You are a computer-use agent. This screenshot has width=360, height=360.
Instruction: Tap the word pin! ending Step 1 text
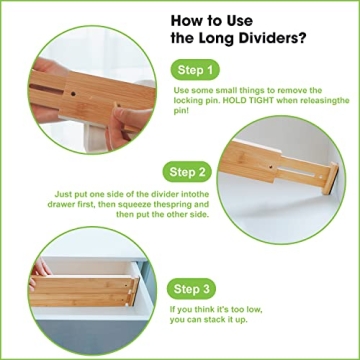[180, 113]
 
